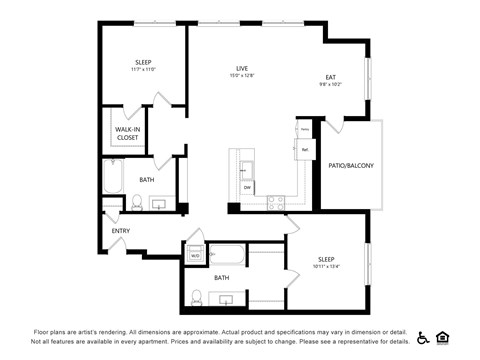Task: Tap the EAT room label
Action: click(x=330, y=77)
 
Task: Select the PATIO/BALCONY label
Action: click(x=351, y=165)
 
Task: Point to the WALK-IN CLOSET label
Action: click(x=127, y=133)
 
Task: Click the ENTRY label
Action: click(x=121, y=231)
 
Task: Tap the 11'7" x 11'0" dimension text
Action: click(x=143, y=69)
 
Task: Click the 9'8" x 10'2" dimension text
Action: click(x=330, y=85)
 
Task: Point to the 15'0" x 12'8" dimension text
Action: click(x=242, y=75)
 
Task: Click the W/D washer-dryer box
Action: click(x=195, y=255)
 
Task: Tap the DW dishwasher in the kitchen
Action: click(x=246, y=187)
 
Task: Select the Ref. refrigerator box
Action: click(x=304, y=149)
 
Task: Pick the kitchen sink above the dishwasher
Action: click(x=246, y=167)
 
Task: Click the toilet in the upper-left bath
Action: click(x=137, y=202)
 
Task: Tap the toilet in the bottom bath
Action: click(x=197, y=297)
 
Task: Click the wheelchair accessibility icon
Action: click(x=423, y=337)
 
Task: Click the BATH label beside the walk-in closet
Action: click(x=146, y=180)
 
